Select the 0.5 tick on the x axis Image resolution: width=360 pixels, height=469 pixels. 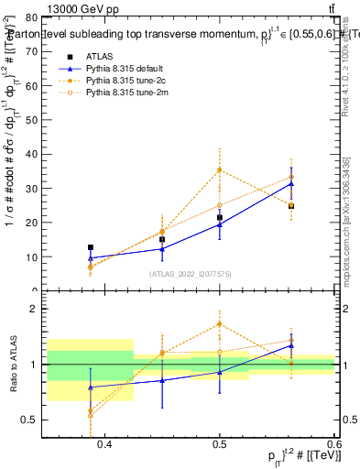[220, 443]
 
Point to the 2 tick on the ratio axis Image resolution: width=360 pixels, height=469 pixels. [33, 310]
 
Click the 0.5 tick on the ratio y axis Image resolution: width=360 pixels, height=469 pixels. [30, 420]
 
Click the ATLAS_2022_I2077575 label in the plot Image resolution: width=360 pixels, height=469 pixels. [191, 274]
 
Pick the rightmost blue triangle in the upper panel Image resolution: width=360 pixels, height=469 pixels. [291, 183]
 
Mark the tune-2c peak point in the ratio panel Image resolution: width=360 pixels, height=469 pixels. [220, 323]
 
